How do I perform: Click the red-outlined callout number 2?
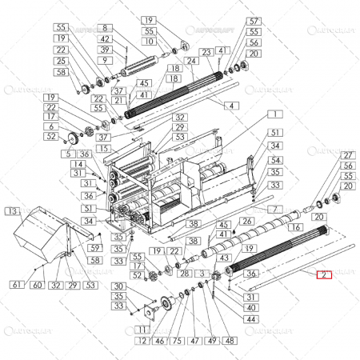[323, 275]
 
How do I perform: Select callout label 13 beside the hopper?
[10, 211]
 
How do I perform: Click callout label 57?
[254, 20]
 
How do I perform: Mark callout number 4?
[231, 105]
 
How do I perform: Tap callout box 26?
[246, 220]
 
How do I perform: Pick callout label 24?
[191, 61]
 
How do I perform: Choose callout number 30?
[118, 286]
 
